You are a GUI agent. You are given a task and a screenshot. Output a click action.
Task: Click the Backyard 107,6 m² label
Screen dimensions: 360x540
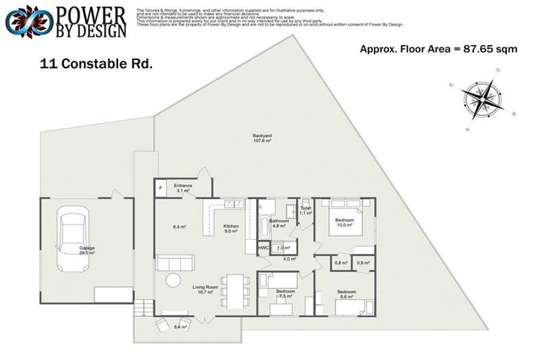coord(262,138)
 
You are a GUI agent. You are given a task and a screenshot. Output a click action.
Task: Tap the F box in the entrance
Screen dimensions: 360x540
coord(160,188)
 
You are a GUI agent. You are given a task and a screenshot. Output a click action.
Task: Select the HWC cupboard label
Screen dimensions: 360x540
coord(263,248)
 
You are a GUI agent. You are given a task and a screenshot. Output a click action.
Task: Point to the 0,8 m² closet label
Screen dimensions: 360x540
coord(340,263)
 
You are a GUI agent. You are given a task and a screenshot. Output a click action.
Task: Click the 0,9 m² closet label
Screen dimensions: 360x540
coord(363,263)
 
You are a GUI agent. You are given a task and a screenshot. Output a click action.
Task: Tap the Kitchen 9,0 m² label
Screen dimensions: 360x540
coord(231,229)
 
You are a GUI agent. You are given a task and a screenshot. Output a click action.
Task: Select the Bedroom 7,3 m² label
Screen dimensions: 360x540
coord(285,294)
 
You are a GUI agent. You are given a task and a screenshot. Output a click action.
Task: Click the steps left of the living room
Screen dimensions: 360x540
coord(143,307)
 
